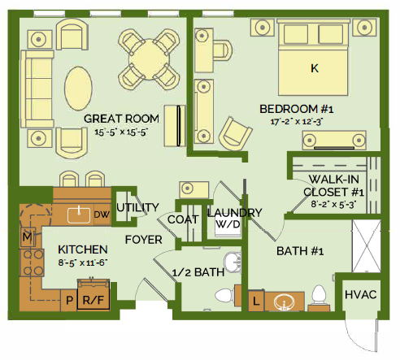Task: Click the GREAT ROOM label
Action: tap(121, 119)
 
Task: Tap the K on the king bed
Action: tap(315, 68)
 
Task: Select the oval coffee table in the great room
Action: tap(78, 89)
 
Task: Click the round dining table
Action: tap(150, 59)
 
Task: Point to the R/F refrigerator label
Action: tap(93, 300)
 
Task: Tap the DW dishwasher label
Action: tap(102, 215)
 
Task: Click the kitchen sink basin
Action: tap(79, 215)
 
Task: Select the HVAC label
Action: tap(360, 294)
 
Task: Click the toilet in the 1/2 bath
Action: tap(225, 295)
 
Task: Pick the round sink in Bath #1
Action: tap(284, 301)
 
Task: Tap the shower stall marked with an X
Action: tap(367, 246)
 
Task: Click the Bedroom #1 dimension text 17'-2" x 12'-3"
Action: tap(297, 122)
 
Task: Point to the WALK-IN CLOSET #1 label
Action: tap(333, 185)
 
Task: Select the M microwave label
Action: tap(27, 237)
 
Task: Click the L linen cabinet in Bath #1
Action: tap(256, 301)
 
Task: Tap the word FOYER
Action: tap(144, 240)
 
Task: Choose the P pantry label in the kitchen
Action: tap(69, 300)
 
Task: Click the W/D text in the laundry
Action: tap(228, 224)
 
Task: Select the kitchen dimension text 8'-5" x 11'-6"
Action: tap(83, 262)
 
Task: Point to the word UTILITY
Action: tap(137, 207)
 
